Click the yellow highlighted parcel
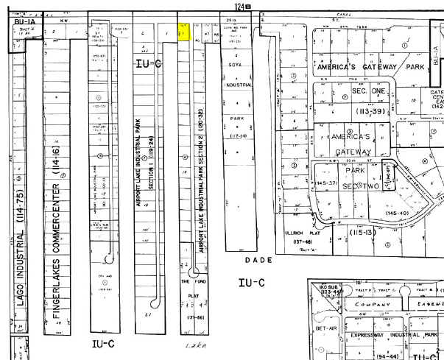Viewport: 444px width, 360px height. pyautogui.click(x=185, y=32)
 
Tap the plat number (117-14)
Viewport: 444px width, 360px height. pyautogui.click(x=237, y=135)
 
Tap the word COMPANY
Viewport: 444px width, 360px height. pyautogui.click(x=373, y=303)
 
